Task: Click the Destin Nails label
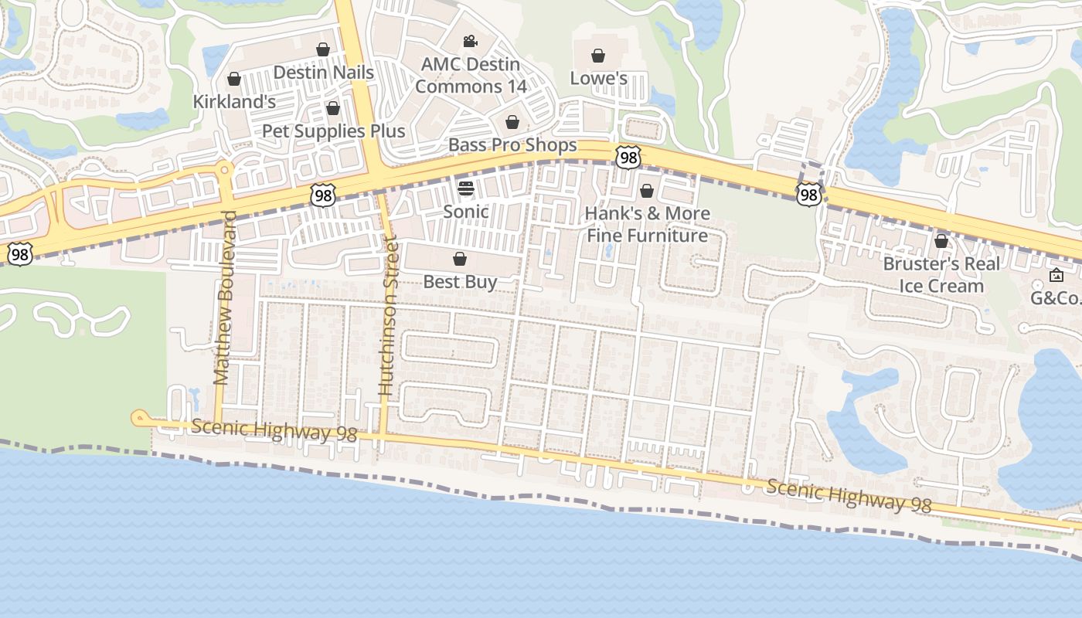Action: click(324, 73)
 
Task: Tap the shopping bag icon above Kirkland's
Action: click(234, 80)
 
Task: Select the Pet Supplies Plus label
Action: click(333, 131)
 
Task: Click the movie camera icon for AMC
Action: click(470, 42)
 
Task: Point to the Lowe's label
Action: click(598, 78)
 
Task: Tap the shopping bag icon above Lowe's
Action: click(597, 56)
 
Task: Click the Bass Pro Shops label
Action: click(512, 145)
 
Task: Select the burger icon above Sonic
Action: click(465, 188)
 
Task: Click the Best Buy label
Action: click(460, 282)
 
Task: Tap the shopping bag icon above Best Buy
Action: click(460, 259)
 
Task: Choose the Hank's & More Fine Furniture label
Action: click(647, 224)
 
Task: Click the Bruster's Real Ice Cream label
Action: click(941, 274)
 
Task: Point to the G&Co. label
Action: click(1056, 297)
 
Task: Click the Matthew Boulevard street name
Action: click(223, 297)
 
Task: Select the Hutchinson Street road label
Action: click(388, 318)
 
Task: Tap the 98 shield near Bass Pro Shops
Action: click(628, 158)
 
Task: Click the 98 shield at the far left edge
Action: click(20, 253)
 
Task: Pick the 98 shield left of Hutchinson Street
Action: click(323, 195)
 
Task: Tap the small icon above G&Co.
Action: click(1056, 275)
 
